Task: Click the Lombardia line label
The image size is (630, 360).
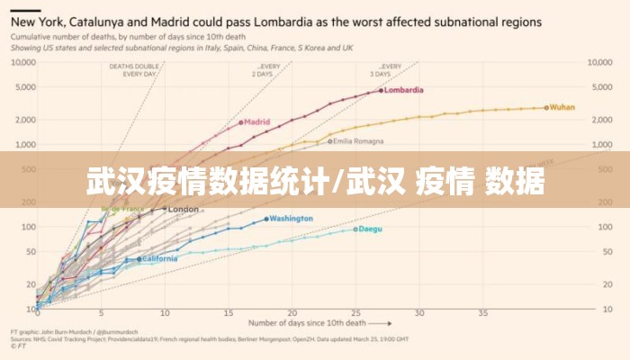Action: tap(405, 90)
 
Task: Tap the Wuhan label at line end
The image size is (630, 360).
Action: tap(562, 107)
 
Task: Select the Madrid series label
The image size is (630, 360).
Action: tap(257, 121)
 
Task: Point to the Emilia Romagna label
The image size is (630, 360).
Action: tap(359, 141)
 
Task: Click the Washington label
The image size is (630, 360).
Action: tap(291, 219)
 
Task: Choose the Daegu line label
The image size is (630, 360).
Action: tap(370, 229)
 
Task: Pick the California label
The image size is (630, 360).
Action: tap(159, 259)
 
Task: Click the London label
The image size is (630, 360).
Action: tap(183, 210)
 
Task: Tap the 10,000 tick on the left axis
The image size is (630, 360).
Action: tap(22, 62)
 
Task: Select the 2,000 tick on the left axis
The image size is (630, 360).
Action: tap(24, 120)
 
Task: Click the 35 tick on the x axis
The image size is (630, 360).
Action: tap(483, 313)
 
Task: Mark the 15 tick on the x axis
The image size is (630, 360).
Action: tap(229, 313)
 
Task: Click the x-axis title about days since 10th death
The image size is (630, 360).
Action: tap(307, 322)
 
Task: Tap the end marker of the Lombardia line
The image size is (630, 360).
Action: tap(381, 91)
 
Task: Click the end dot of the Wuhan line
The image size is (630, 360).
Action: tap(545, 107)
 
